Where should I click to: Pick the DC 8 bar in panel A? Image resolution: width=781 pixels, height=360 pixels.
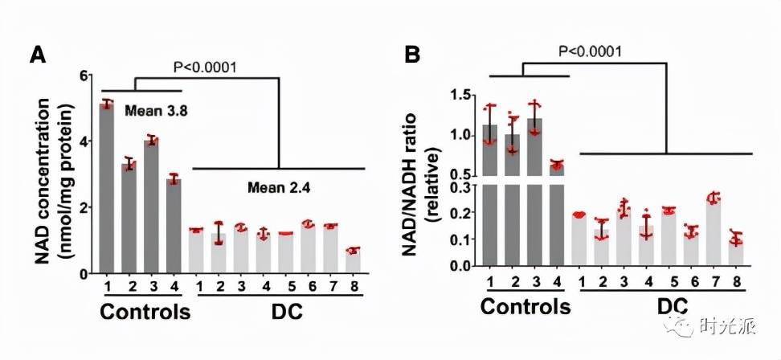(x=353, y=262)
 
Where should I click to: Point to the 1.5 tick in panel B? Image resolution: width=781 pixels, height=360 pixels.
(x=461, y=96)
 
